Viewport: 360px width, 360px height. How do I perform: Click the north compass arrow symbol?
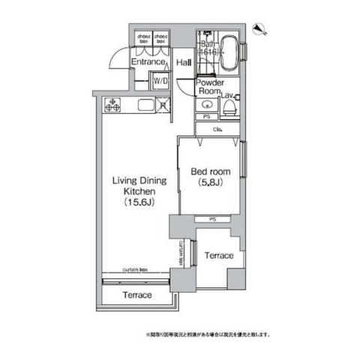point(262,29)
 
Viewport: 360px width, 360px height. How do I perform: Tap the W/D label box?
point(160,81)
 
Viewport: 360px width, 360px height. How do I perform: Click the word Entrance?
point(147,63)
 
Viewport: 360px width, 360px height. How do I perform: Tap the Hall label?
point(184,63)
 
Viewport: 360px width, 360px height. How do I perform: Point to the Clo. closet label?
point(216,130)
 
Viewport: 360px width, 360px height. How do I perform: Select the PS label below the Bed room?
point(212,219)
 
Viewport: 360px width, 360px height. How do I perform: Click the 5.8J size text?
point(209,181)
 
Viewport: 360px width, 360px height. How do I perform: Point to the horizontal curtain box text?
point(136,270)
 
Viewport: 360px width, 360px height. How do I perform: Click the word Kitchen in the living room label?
point(138,191)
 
